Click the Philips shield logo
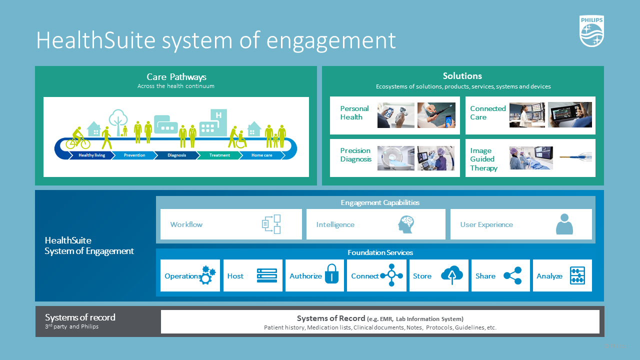point(592,31)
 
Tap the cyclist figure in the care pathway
point(77,138)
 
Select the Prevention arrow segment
point(134,155)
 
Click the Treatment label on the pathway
point(219,155)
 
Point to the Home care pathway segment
point(261,155)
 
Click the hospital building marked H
point(213,123)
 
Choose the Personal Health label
point(354,113)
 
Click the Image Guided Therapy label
point(483,159)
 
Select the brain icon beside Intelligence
point(406,224)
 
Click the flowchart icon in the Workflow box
point(271,224)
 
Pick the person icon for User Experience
point(564,224)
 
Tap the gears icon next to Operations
point(207,275)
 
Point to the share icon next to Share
point(512,275)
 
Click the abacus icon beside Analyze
point(577,275)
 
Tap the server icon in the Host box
point(266,275)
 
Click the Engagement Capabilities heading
point(380,202)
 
